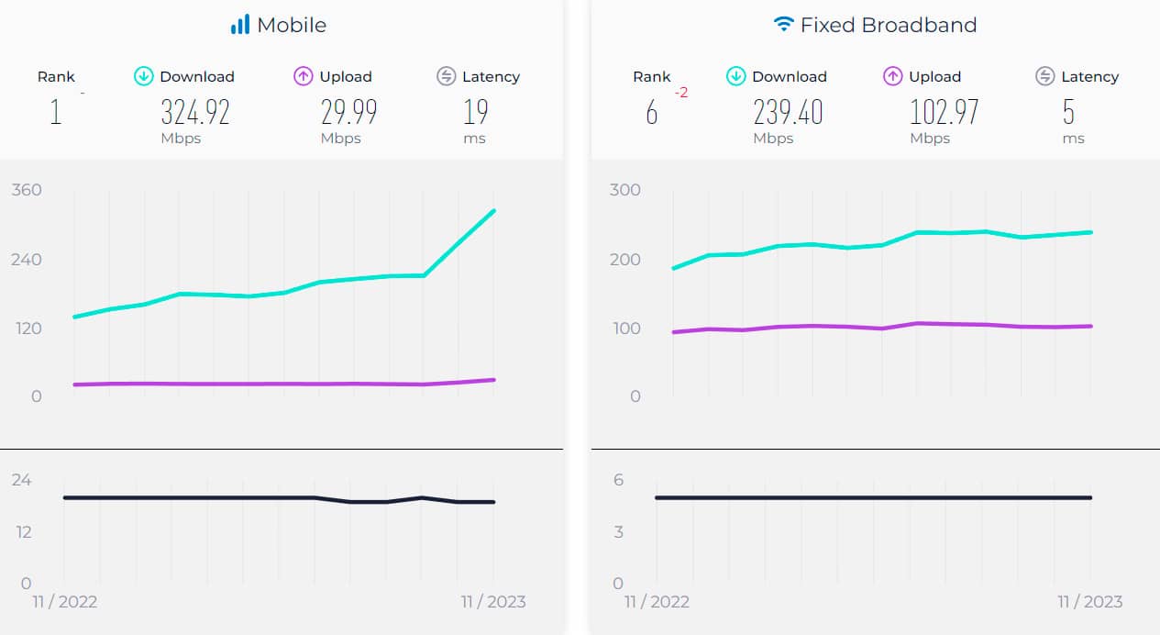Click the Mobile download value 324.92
pyautogui.click(x=194, y=112)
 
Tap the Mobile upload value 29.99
pyautogui.click(x=348, y=112)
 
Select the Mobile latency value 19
pyautogui.click(x=475, y=112)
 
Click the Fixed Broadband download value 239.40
pyautogui.click(x=788, y=112)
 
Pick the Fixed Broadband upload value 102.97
pyautogui.click(x=944, y=112)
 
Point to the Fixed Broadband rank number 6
pyautogui.click(x=652, y=113)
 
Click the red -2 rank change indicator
pyautogui.click(x=681, y=94)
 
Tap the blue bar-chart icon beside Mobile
pyautogui.click(x=240, y=25)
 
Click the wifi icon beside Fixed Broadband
pyautogui.click(x=783, y=25)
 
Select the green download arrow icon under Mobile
pyautogui.click(x=143, y=76)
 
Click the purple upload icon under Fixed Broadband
pyautogui.click(x=892, y=76)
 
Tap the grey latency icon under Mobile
pyautogui.click(x=447, y=76)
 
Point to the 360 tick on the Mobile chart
pyautogui.click(x=27, y=190)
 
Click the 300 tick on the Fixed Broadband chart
pyautogui.click(x=624, y=190)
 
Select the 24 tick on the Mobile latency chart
pyautogui.click(x=21, y=480)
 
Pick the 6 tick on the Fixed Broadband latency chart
pyautogui.click(x=618, y=480)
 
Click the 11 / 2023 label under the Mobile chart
pyautogui.click(x=493, y=602)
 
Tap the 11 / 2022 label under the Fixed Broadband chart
pyautogui.click(x=657, y=602)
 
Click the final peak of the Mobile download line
pyautogui.click(x=494, y=211)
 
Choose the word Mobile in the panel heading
pyautogui.click(x=292, y=25)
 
